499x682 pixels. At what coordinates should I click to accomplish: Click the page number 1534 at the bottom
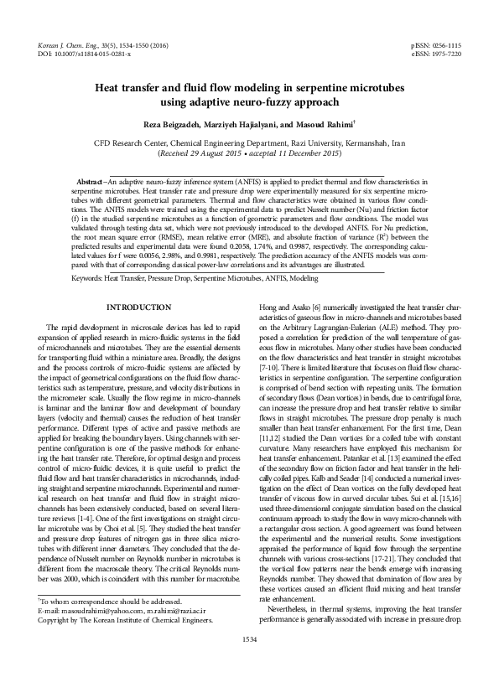[249, 663]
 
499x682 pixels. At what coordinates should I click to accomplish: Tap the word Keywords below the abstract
[86, 276]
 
